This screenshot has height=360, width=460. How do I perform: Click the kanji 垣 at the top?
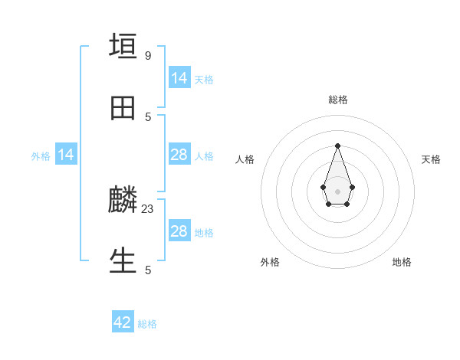click(123, 46)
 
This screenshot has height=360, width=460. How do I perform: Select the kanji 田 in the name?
click(123, 109)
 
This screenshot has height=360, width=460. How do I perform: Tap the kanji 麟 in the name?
click(123, 201)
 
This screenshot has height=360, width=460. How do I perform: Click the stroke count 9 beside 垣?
click(147, 56)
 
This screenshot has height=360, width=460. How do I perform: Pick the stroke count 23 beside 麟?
click(148, 208)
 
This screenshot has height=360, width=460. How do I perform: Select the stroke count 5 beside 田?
click(148, 117)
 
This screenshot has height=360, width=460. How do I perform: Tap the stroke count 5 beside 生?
click(148, 270)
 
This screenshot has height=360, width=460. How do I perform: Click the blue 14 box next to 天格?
click(179, 78)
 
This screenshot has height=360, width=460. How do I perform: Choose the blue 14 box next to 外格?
click(66, 155)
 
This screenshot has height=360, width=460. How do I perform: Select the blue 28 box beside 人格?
click(179, 155)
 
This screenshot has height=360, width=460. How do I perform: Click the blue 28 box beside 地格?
click(179, 231)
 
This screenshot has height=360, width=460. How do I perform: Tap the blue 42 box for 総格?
click(123, 322)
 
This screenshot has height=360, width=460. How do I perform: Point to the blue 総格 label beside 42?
click(147, 324)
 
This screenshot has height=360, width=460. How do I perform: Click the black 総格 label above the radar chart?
click(337, 100)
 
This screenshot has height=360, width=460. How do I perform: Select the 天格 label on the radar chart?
click(431, 159)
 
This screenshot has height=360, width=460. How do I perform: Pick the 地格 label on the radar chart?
click(402, 262)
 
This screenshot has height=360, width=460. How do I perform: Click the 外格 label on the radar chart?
click(270, 262)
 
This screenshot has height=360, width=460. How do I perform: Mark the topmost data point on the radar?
click(337, 146)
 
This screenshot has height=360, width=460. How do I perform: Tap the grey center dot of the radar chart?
click(337, 191)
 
